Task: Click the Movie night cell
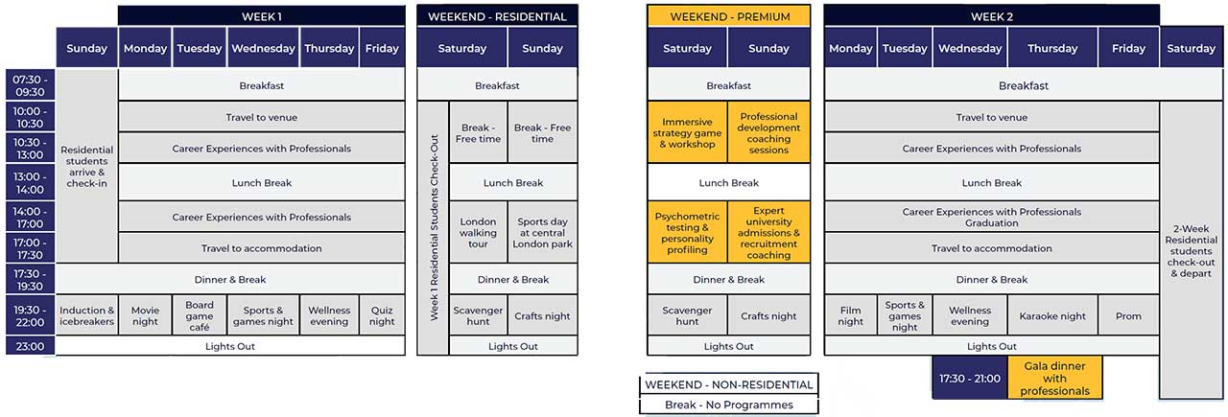click(x=145, y=315)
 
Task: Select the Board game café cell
click(x=200, y=315)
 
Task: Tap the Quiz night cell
click(x=382, y=315)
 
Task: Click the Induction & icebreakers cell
click(x=87, y=315)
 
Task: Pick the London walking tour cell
click(x=478, y=233)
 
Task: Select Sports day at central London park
click(x=542, y=233)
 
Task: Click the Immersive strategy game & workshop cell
click(x=687, y=132)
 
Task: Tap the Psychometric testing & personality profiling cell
click(x=687, y=233)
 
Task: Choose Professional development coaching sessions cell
click(x=768, y=132)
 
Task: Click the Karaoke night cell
click(x=1052, y=315)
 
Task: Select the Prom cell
click(x=1128, y=315)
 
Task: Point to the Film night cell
click(x=850, y=315)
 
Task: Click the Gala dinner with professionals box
click(x=1054, y=378)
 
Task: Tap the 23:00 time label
click(x=31, y=346)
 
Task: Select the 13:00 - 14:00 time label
click(x=31, y=182)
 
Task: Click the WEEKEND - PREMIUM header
click(x=728, y=16)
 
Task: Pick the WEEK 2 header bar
click(x=991, y=16)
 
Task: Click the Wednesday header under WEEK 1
click(x=264, y=48)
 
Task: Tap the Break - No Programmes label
click(x=728, y=405)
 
